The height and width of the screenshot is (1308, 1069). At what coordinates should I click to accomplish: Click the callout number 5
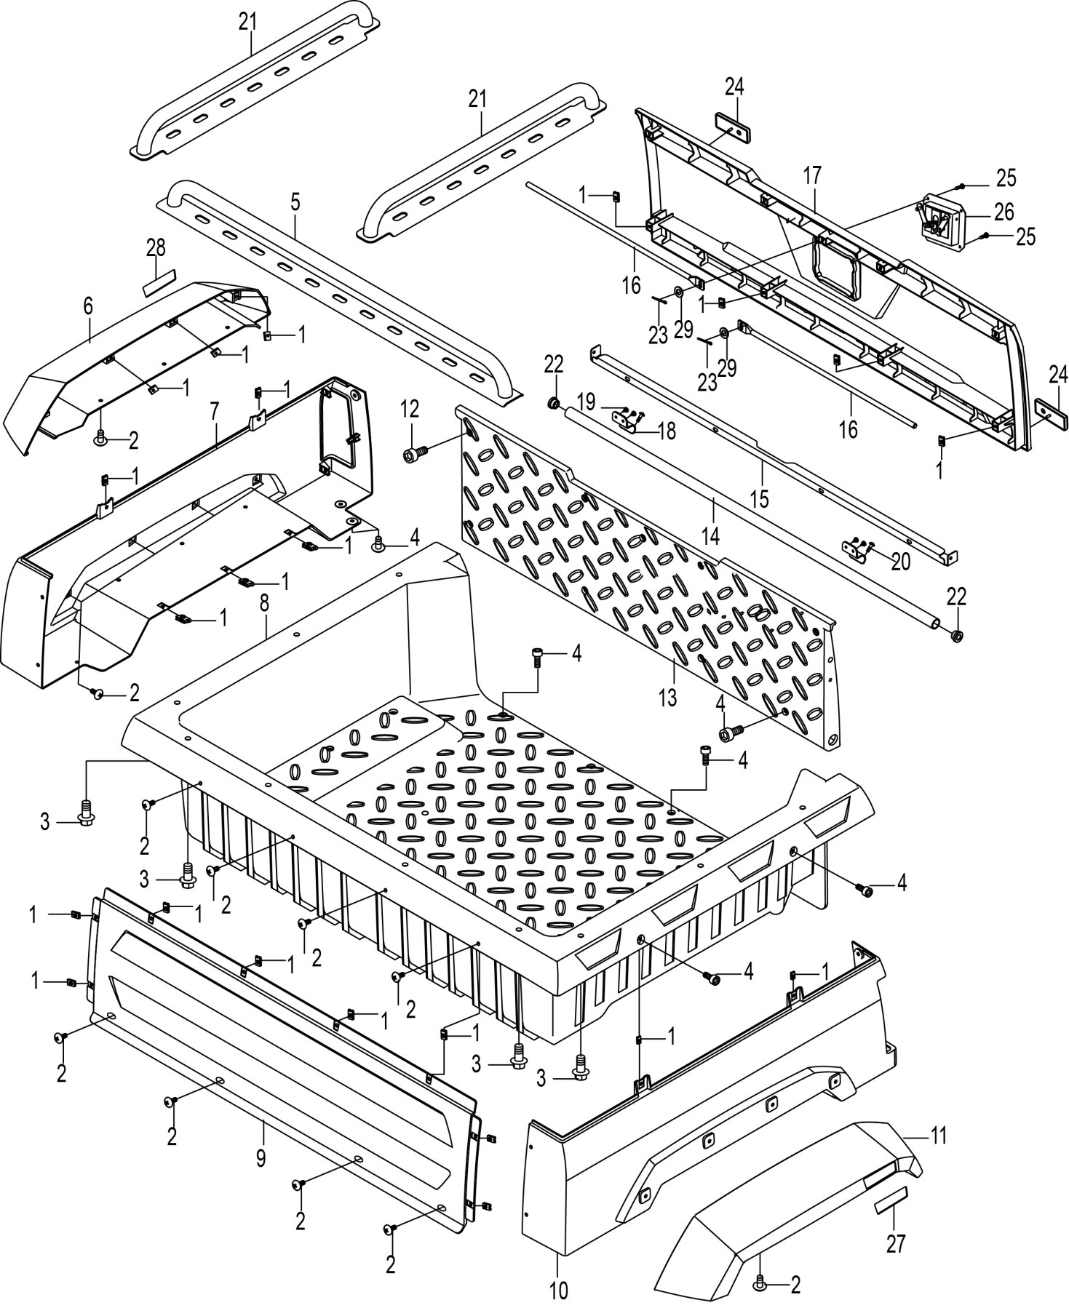295,202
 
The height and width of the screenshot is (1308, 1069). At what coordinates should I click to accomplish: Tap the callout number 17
812,175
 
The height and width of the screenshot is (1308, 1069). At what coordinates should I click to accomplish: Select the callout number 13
667,697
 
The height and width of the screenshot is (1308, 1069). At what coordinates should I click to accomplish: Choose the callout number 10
558,1291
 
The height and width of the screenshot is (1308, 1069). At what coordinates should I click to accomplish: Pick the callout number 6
88,306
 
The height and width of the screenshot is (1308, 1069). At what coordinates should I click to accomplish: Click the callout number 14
710,536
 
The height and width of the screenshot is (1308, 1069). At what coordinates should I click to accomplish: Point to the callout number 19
587,402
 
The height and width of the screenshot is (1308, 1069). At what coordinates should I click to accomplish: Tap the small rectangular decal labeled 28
159,281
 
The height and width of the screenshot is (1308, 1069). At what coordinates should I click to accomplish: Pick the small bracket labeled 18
627,423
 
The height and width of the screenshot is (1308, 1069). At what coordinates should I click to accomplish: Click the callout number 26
1004,212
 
